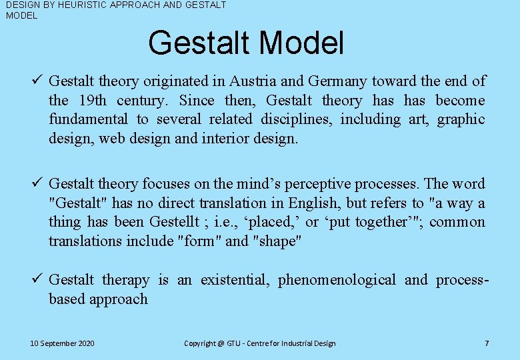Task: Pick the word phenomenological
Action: pyautogui.click(x=337, y=280)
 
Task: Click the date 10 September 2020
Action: pyautogui.click(x=62, y=343)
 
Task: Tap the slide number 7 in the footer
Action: pyautogui.click(x=487, y=343)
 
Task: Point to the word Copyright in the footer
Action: pyautogui.click(x=199, y=343)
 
